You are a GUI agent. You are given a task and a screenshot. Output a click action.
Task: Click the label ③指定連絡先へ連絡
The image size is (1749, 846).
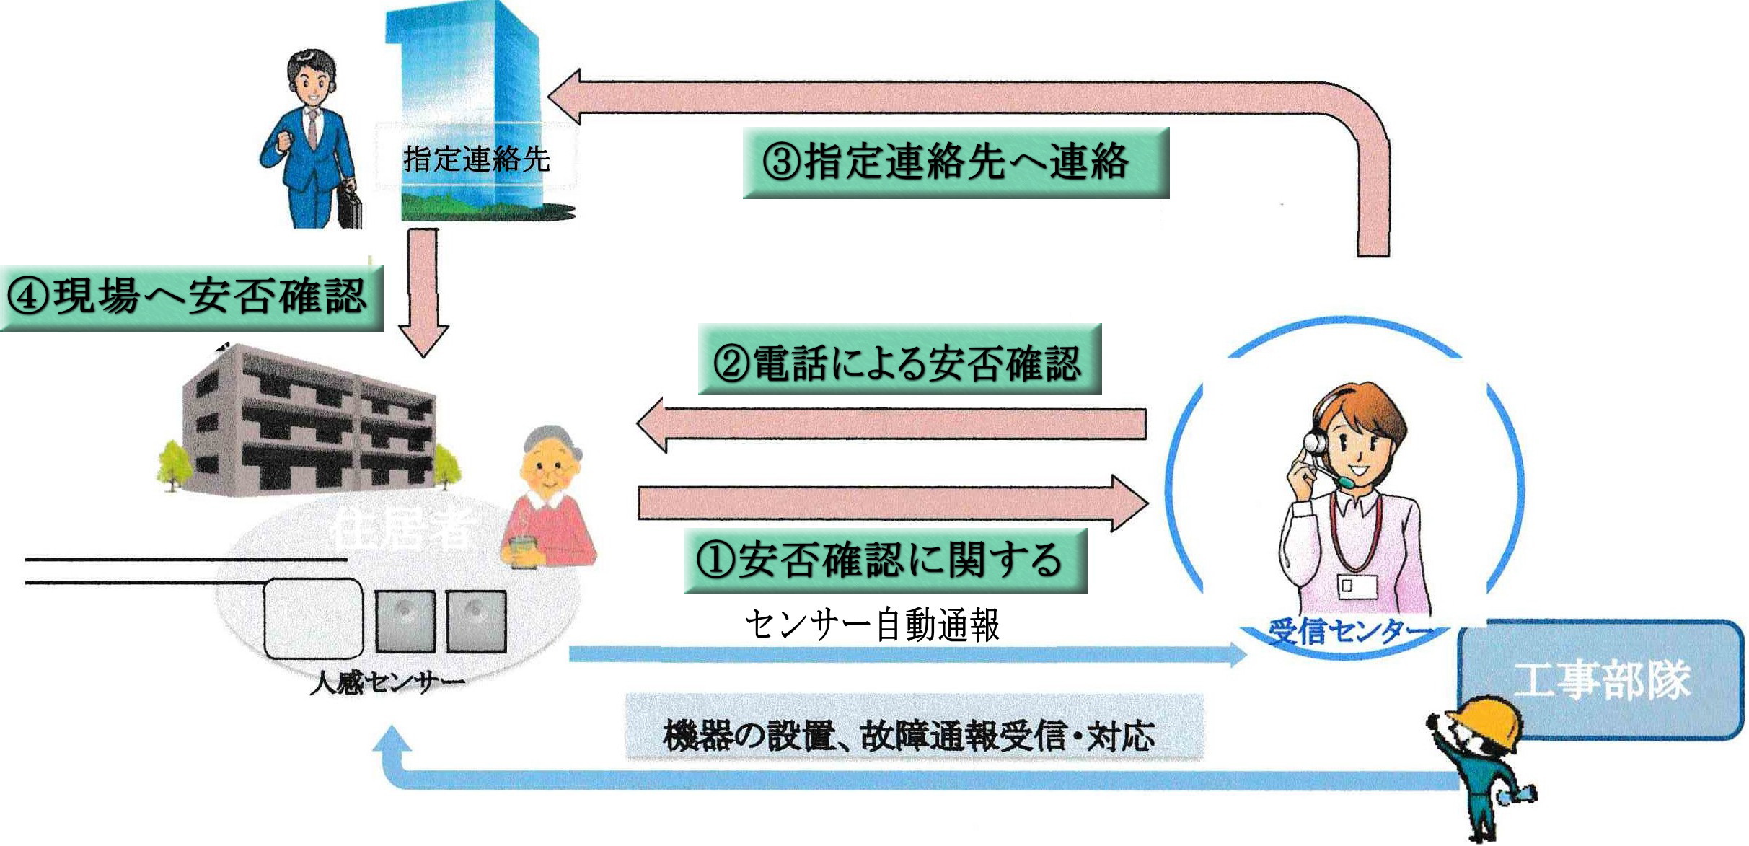coord(955,163)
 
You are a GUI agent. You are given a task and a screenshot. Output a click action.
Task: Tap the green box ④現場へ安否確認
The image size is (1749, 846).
coord(190,298)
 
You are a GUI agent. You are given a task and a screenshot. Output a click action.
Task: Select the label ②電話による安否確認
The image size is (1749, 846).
coord(899,360)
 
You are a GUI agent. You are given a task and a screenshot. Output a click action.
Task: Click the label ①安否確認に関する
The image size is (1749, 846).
coord(884,560)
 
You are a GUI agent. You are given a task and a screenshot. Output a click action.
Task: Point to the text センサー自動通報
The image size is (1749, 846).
coord(872,625)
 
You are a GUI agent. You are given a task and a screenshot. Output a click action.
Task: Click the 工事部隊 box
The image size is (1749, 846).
coord(1601,680)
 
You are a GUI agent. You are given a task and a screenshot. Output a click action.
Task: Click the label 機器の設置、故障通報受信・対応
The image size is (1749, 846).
coord(909,735)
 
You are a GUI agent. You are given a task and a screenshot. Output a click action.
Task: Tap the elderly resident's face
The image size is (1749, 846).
coord(550,469)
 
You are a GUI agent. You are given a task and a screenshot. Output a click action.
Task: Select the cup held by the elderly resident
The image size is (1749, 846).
coord(523,552)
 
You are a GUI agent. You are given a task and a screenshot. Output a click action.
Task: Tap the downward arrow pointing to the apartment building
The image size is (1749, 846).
coord(423,292)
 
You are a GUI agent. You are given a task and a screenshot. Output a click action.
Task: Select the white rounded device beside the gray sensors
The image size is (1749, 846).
coord(312,619)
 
